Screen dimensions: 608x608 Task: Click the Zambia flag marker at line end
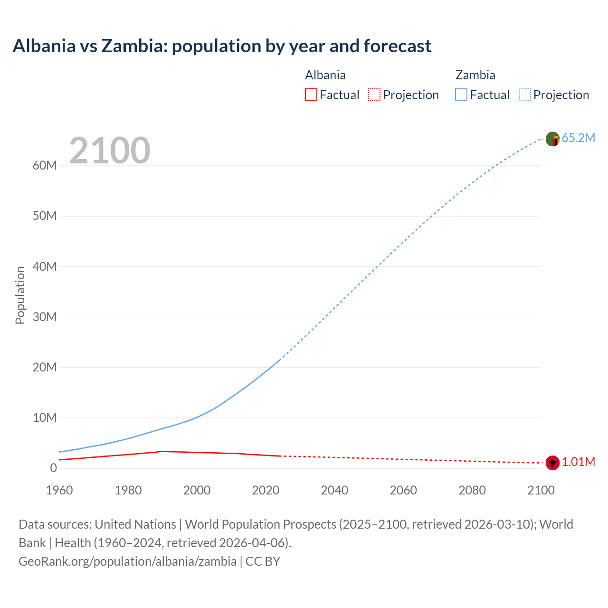pyautogui.click(x=552, y=139)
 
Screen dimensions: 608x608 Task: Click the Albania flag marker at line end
pyautogui.click(x=552, y=462)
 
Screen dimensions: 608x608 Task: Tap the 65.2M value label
pyautogui.click(x=578, y=138)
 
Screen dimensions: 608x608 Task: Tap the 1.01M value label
pyautogui.click(x=579, y=462)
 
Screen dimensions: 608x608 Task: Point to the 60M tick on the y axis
pyautogui.click(x=45, y=166)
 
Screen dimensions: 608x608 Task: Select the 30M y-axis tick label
pyautogui.click(x=45, y=317)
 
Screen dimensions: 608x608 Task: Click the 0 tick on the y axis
pyautogui.click(x=53, y=468)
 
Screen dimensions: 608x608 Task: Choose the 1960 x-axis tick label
pyautogui.click(x=59, y=490)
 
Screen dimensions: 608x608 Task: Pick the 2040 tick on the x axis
pyautogui.click(x=334, y=490)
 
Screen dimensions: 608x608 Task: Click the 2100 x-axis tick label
pyautogui.click(x=541, y=490)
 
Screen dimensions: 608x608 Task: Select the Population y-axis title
pyautogui.click(x=20, y=295)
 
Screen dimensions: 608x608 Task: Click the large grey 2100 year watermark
pyautogui.click(x=110, y=151)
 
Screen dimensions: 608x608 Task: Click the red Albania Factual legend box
pyautogui.click(x=311, y=95)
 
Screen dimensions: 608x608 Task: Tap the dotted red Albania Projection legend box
pyautogui.click(x=374, y=95)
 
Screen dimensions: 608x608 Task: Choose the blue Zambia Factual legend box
pyautogui.click(x=461, y=95)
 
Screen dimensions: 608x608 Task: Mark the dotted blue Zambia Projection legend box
pyautogui.click(x=525, y=95)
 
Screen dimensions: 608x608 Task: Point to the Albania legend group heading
pyautogui.click(x=325, y=75)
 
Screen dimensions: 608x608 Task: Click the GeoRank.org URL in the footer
pyautogui.click(x=127, y=561)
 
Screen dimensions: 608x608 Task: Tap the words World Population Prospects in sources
pyautogui.click(x=260, y=524)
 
